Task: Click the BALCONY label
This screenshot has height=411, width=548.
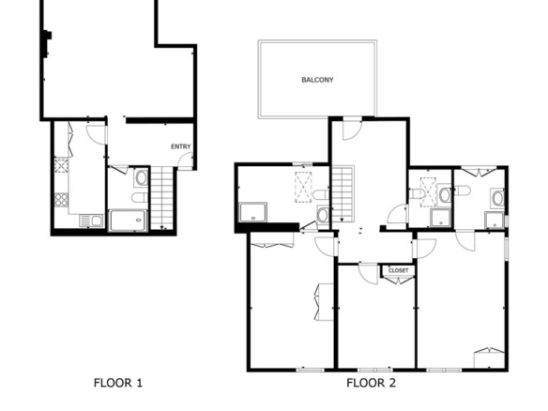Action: tap(317, 80)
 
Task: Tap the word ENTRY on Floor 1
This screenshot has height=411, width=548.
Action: tap(181, 146)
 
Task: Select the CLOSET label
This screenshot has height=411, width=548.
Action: tap(398, 270)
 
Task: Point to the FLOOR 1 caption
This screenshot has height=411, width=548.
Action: tap(118, 383)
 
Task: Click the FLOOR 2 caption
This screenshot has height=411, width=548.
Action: tap(372, 383)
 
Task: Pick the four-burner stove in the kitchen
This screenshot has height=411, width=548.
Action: tap(62, 200)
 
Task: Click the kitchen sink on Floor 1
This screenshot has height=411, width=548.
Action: tap(91, 221)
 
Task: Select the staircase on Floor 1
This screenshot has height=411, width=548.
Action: tap(161, 198)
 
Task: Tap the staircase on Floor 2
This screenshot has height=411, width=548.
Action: tap(342, 194)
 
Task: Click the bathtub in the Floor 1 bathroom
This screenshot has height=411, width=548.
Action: tap(128, 221)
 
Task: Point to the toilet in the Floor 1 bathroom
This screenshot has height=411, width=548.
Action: tap(140, 197)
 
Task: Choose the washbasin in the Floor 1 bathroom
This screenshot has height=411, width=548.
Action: tap(141, 178)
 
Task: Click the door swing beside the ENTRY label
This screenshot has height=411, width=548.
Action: tap(185, 161)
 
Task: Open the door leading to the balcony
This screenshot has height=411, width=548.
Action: tap(352, 130)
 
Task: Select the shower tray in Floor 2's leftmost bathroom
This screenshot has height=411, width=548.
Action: tap(253, 212)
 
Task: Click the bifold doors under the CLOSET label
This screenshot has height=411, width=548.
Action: tap(398, 280)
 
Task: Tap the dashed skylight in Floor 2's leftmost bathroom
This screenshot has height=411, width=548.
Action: tap(303, 188)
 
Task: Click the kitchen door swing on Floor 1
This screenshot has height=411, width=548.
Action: tap(96, 134)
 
